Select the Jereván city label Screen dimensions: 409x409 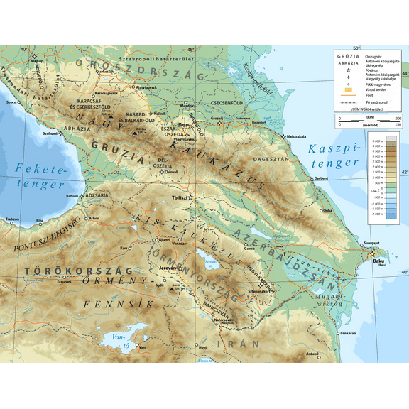(167, 268)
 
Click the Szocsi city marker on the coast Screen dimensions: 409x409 (19, 102)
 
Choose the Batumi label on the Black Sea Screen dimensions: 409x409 (71, 195)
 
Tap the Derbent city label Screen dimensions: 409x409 (322, 178)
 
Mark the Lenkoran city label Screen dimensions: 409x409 (348, 332)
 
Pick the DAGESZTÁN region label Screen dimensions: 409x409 (270, 160)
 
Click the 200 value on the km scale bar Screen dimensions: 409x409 (398, 118)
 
